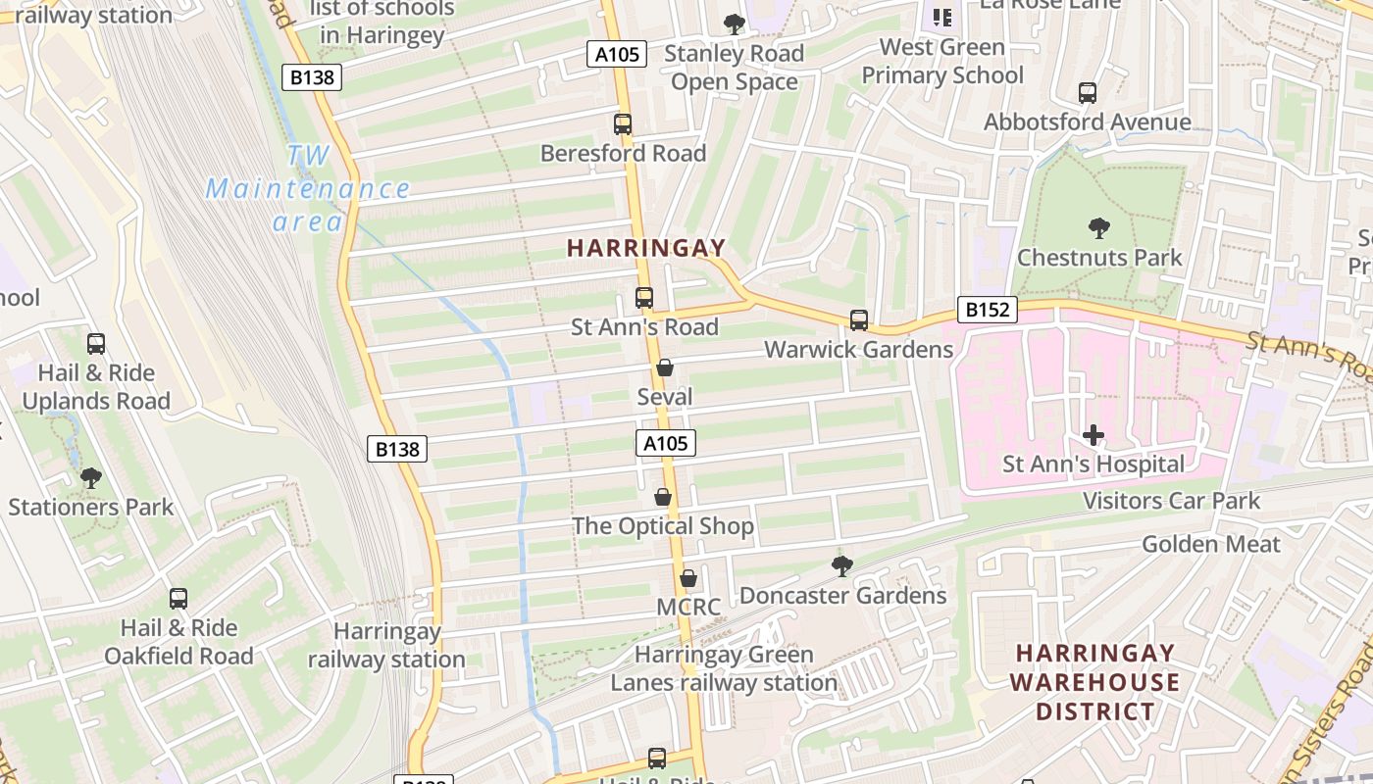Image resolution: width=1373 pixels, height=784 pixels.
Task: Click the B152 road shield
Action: click(987, 311)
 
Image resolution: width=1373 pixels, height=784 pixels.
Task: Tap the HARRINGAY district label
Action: click(646, 249)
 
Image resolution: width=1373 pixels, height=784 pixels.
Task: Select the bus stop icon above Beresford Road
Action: click(623, 124)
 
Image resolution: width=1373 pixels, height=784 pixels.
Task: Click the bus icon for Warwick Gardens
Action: click(859, 320)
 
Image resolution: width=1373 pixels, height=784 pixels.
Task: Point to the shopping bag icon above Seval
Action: click(665, 367)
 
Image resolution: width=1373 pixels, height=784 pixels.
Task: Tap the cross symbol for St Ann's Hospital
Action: click(1093, 435)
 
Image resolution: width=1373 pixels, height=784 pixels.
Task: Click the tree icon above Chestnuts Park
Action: click(1099, 228)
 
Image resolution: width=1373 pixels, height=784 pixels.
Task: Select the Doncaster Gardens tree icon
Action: click(841, 565)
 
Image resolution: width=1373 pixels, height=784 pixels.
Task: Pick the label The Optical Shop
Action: click(663, 526)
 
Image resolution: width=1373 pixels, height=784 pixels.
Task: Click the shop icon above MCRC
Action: click(688, 578)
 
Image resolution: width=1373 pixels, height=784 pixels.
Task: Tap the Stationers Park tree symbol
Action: click(91, 478)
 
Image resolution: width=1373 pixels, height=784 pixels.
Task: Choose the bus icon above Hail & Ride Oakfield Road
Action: click(178, 599)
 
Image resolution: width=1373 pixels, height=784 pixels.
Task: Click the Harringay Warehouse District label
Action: click(1094, 682)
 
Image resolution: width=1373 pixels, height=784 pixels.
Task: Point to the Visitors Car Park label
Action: click(1171, 501)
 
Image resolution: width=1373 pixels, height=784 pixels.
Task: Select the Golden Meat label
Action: click(1211, 544)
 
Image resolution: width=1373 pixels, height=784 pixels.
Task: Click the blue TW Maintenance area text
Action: click(308, 188)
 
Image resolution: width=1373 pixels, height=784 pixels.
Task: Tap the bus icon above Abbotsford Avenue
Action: click(1088, 93)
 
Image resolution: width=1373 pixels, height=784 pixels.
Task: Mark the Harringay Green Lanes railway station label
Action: click(724, 668)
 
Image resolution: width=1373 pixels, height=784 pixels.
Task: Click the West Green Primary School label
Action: click(942, 61)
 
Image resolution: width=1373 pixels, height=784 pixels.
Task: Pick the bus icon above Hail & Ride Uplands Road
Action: click(96, 344)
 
